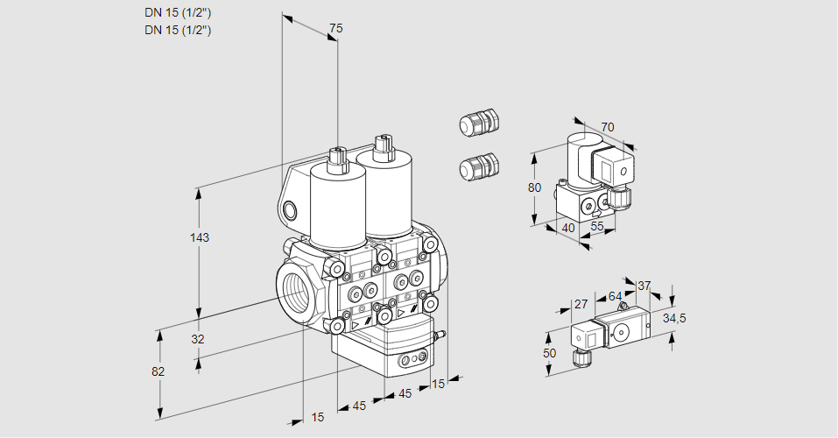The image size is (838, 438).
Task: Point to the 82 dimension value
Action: tap(158, 371)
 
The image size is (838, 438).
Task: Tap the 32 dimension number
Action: tap(198, 339)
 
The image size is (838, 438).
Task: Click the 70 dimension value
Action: tap(608, 127)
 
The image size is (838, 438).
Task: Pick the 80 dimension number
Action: tap(535, 187)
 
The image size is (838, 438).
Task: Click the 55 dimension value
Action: tap(597, 228)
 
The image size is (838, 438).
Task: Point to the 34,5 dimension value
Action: tap(674, 318)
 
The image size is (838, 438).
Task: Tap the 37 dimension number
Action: tap(644, 286)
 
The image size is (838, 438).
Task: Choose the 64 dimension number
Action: tap(615, 296)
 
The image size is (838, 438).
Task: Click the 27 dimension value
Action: tap(581, 304)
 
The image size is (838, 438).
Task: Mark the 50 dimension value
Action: tap(549, 352)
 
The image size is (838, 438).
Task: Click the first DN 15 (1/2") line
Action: tap(179, 12)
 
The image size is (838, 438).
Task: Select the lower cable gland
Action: tap(478, 166)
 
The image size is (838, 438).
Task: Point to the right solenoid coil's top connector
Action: tap(381, 146)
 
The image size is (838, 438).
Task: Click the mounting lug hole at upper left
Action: tap(291, 208)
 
